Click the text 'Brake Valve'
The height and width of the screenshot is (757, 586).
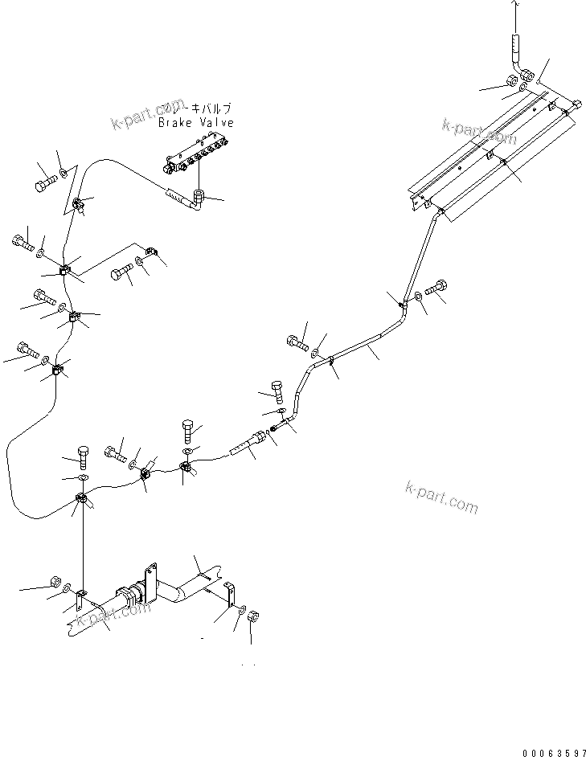(195, 123)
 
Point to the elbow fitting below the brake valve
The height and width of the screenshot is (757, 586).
(197, 197)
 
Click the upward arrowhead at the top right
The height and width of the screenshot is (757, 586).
(514, 6)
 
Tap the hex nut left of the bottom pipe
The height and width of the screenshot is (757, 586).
(55, 580)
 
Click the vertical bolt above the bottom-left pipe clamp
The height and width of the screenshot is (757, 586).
(83, 457)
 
